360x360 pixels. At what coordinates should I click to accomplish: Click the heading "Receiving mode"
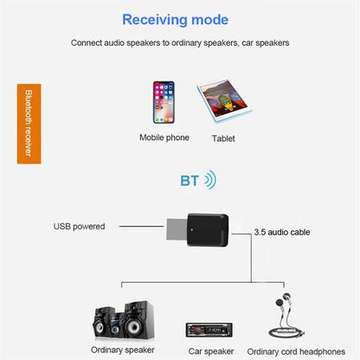(176, 19)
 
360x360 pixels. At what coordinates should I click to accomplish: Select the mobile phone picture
(164, 104)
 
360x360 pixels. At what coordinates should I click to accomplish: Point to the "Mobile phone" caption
(164, 138)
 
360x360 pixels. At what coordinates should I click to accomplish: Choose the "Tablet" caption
(223, 138)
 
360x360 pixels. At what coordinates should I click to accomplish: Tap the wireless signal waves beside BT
(209, 181)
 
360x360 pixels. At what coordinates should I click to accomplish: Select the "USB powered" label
(79, 227)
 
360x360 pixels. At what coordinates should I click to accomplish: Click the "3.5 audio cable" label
(281, 233)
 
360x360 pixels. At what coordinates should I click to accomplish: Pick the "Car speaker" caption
(209, 351)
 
